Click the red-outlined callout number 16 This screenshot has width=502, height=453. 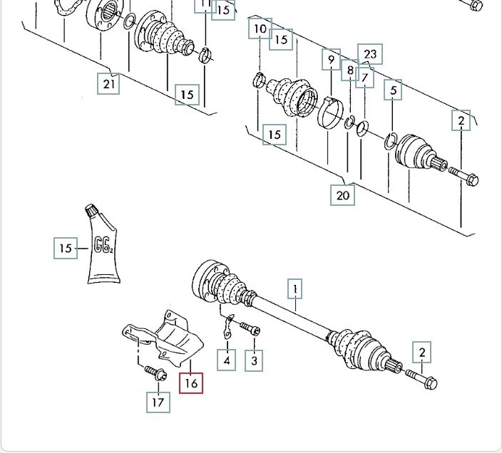click(191, 383)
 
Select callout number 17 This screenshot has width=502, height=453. click(158, 402)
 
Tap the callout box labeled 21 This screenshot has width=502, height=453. click(108, 84)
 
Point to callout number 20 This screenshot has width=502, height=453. click(344, 194)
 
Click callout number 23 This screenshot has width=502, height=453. click(370, 53)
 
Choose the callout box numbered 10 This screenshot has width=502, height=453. click(260, 29)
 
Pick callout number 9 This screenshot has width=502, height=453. click(330, 59)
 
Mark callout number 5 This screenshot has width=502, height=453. click(393, 90)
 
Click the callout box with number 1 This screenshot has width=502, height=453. click(294, 289)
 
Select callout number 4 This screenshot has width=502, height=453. click(227, 360)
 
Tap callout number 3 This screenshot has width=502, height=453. click(254, 360)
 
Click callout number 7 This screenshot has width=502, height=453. click(364, 76)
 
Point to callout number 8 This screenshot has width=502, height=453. click(349, 70)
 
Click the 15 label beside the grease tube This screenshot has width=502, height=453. click(66, 249)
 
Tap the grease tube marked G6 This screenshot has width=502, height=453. click(102, 246)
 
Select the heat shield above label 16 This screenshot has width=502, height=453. click(168, 338)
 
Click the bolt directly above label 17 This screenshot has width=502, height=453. click(154, 371)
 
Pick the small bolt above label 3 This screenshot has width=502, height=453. click(249, 328)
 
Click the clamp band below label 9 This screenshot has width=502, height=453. click(329, 115)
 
